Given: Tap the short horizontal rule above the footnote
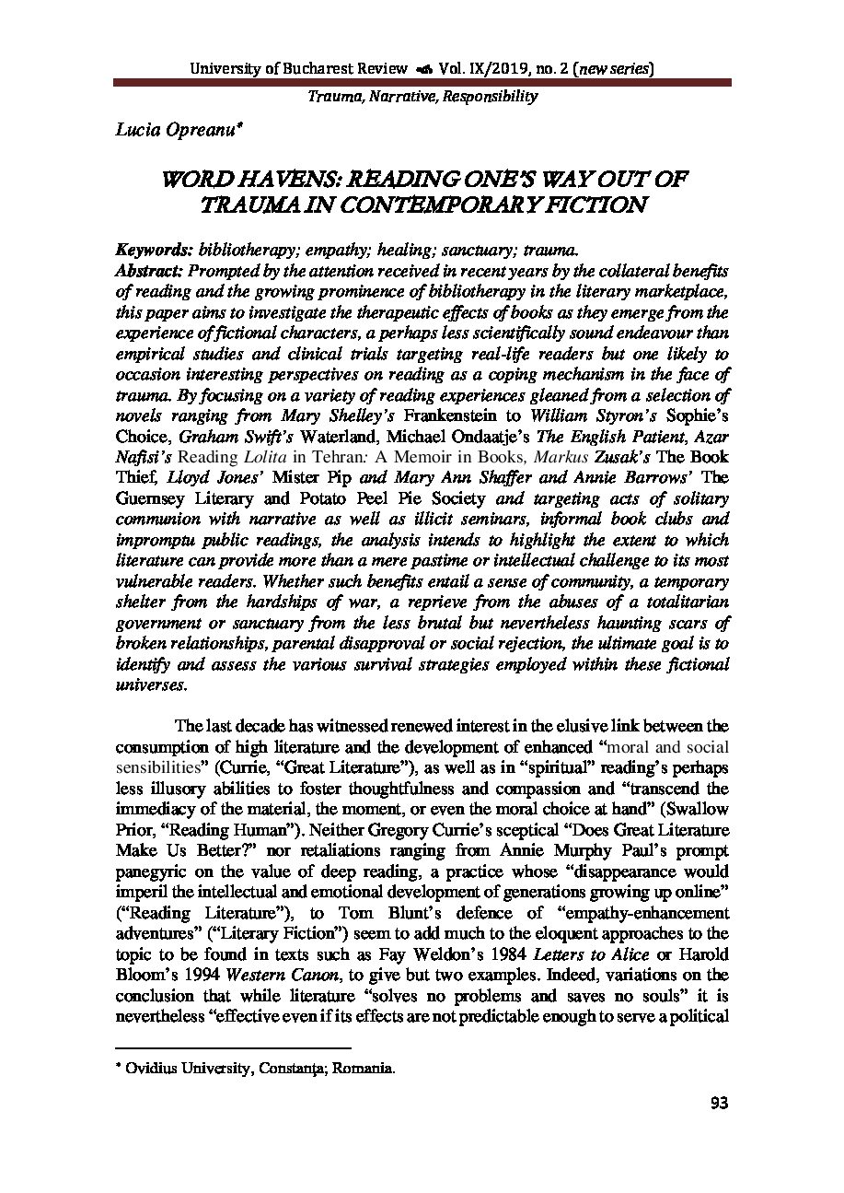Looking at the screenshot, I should pyautogui.click(x=233, y=1047).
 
